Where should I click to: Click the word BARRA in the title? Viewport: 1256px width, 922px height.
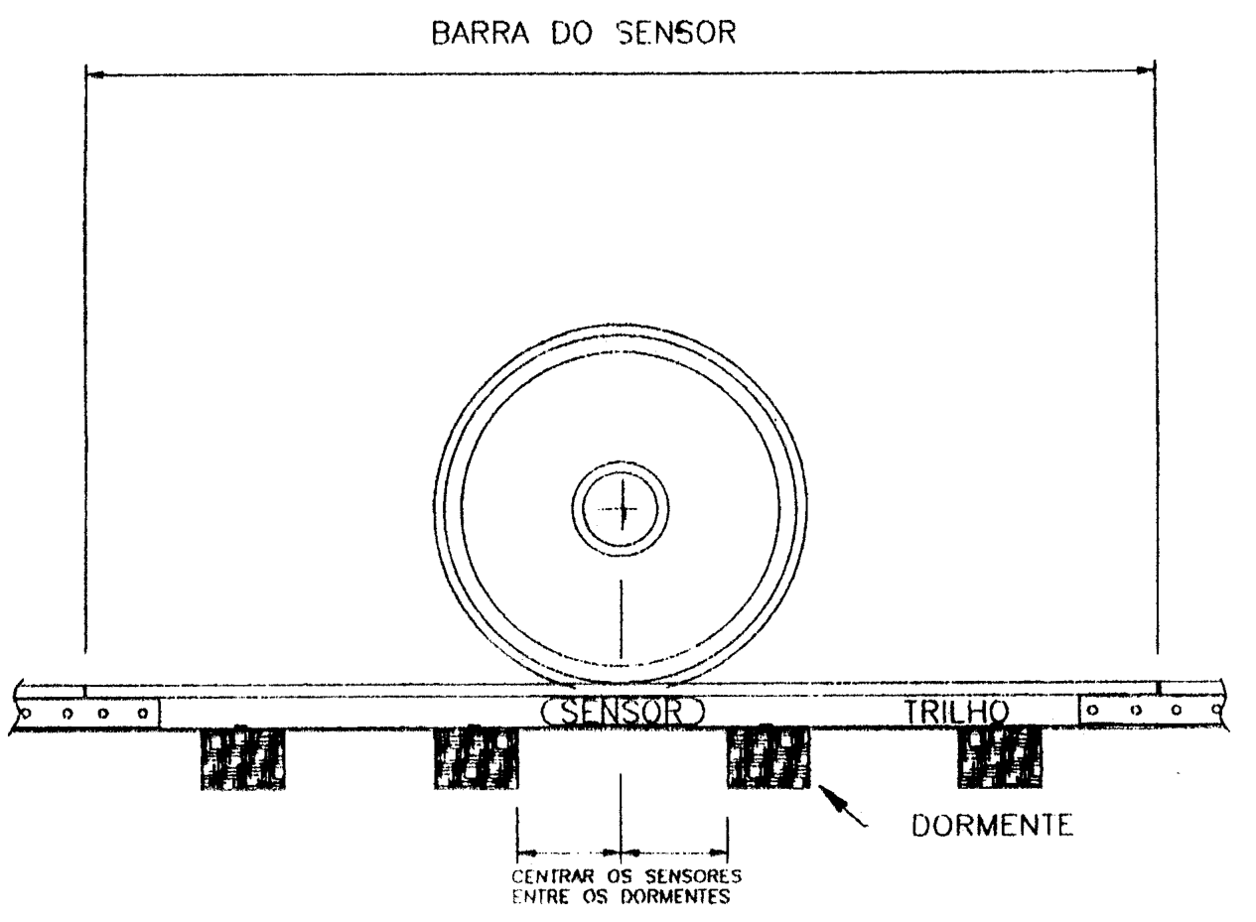480,33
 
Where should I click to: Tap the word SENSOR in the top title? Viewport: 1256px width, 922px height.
676,33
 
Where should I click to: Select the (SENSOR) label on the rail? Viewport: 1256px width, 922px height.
623,712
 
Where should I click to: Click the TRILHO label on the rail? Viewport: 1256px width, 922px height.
956,712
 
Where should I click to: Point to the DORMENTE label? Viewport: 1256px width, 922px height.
993,826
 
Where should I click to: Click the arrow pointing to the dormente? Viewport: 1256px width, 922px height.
843,806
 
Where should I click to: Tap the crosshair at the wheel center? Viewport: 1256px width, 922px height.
622,509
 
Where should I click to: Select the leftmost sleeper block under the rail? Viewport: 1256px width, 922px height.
243,758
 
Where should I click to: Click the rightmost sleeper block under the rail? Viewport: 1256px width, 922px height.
1000,757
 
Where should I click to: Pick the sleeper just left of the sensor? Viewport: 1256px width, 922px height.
476,758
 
